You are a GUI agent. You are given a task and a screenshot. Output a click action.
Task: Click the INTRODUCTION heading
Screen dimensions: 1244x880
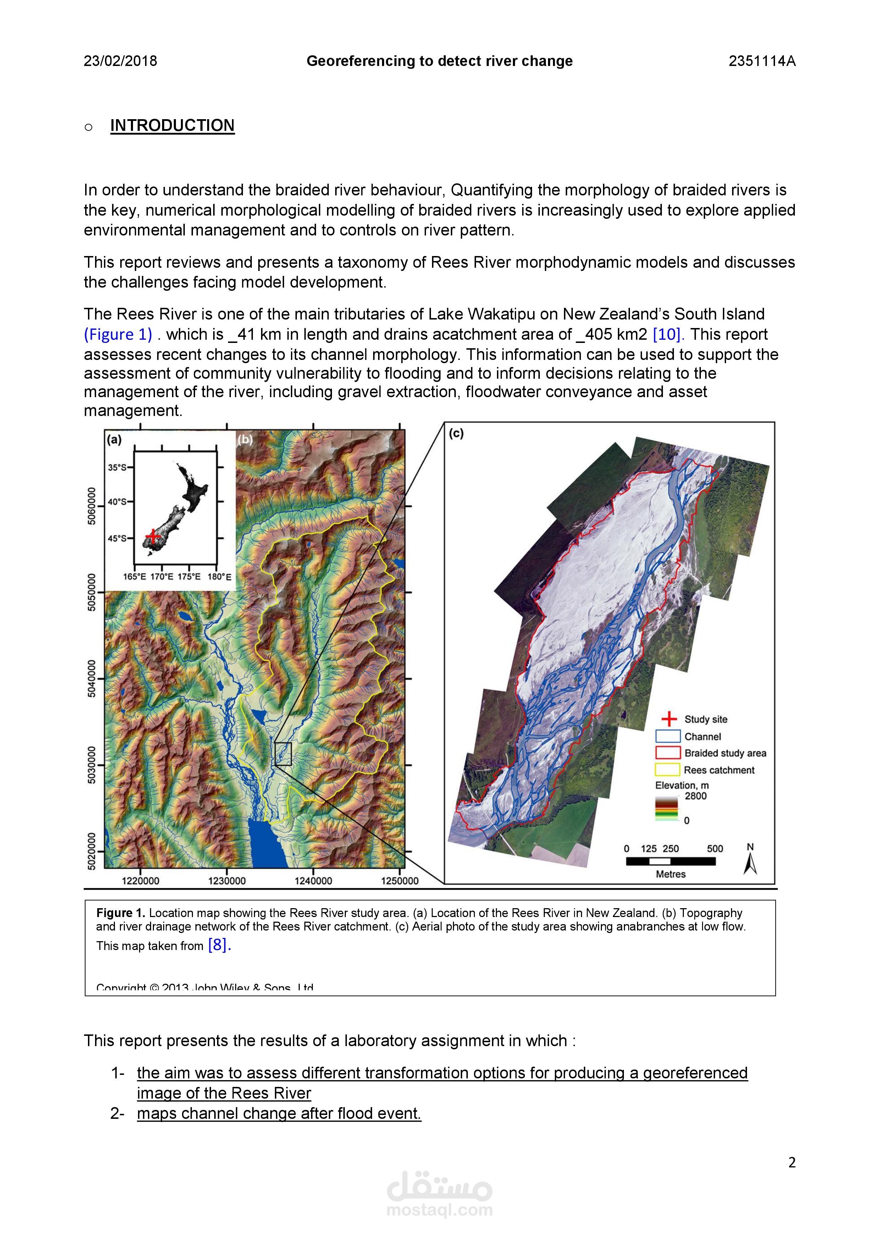pos(172,125)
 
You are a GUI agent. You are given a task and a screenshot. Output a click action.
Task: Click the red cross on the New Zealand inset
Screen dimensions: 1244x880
pos(153,537)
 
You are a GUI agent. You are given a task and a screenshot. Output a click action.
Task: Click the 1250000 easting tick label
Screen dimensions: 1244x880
pos(400,881)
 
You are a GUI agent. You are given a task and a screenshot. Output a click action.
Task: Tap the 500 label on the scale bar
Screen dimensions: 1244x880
pos(715,849)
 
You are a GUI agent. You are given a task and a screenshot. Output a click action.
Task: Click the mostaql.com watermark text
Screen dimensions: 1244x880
pos(439,1210)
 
